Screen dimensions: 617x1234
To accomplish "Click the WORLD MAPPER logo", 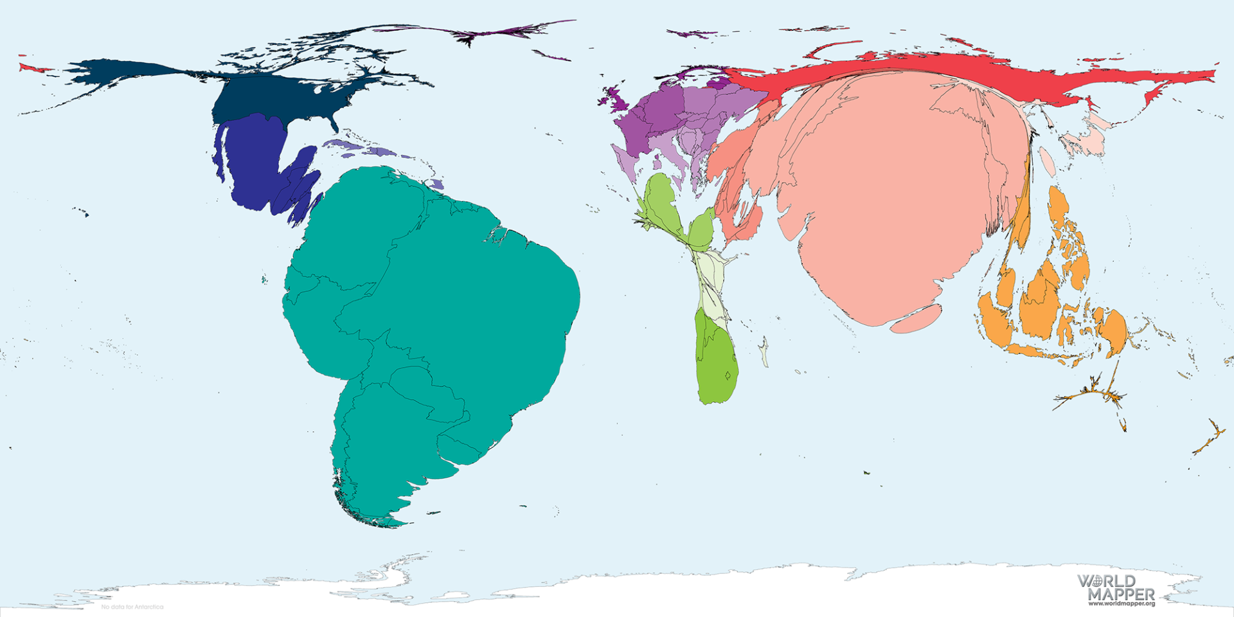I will (x=1116, y=587).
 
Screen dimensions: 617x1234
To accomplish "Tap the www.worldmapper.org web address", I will (x=1121, y=604).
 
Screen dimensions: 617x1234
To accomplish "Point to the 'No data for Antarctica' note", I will (x=132, y=607).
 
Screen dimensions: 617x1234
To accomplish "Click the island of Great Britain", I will (x=618, y=99).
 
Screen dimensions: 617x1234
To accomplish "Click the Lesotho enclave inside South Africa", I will (x=728, y=375).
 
